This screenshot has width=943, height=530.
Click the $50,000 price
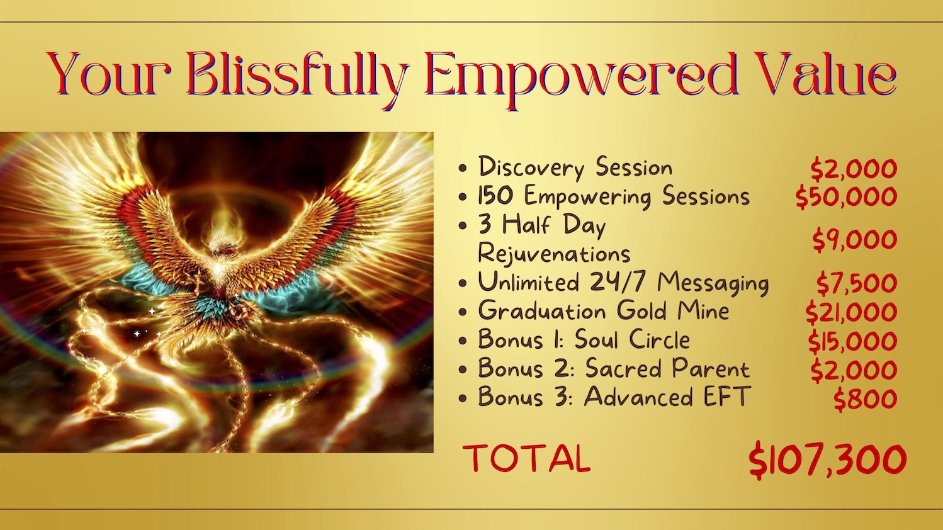click(846, 197)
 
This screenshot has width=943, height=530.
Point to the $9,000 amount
click(855, 240)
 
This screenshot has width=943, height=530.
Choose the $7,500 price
click(857, 283)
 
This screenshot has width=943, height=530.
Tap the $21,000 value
click(851, 312)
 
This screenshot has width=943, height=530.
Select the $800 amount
click(865, 398)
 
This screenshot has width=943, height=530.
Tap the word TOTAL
click(526, 458)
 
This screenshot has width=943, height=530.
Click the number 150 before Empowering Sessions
click(495, 195)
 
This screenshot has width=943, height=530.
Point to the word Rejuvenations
click(554, 254)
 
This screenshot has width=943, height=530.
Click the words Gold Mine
click(673, 311)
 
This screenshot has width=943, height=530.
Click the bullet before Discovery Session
click(463, 169)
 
